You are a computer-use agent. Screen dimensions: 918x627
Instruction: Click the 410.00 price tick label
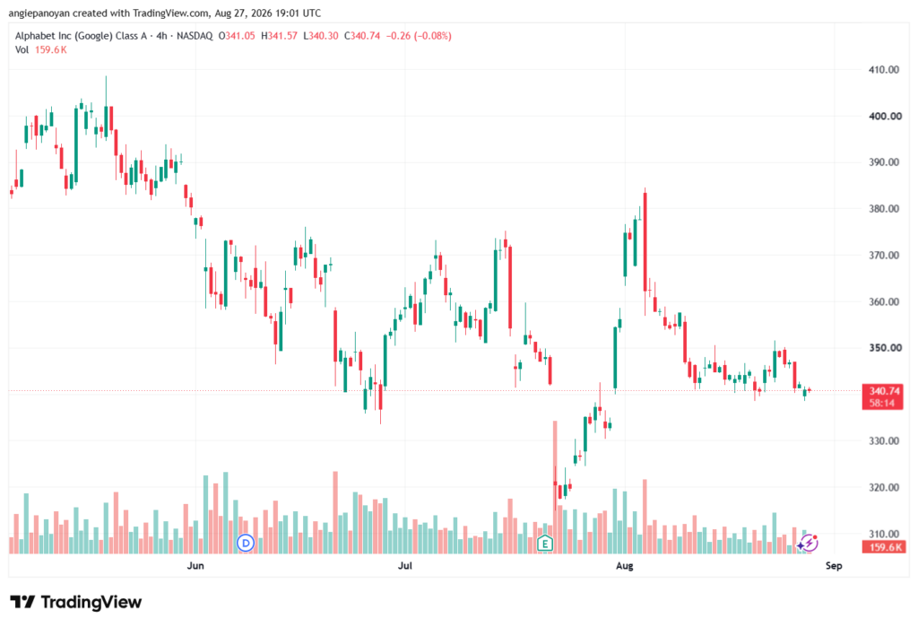[883, 70]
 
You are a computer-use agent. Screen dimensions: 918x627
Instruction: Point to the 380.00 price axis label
[883, 209]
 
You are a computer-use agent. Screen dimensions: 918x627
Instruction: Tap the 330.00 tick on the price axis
[883, 440]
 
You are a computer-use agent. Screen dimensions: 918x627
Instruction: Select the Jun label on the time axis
[195, 565]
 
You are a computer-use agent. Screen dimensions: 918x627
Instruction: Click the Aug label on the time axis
[625, 565]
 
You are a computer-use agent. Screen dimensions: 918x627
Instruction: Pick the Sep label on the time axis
[834, 565]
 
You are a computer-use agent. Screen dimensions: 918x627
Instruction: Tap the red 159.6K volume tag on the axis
[883, 547]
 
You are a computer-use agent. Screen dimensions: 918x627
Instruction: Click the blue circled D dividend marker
[246, 544]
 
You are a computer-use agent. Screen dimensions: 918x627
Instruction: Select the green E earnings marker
[545, 544]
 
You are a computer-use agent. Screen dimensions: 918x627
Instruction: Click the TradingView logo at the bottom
[76, 602]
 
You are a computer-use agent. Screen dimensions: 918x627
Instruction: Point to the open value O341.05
[237, 36]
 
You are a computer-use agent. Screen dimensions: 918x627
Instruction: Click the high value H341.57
[279, 36]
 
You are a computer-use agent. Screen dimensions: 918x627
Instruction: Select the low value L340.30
[320, 36]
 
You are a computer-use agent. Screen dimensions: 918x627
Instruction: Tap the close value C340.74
[362, 36]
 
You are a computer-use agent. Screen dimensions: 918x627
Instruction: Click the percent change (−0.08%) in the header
[433, 36]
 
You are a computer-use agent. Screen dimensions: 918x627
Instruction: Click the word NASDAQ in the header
[195, 36]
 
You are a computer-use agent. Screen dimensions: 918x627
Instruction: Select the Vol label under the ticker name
[22, 50]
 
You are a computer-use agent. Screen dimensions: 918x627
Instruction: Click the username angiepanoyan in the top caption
[39, 13]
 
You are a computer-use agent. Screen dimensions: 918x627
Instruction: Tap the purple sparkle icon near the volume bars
[808, 544]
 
